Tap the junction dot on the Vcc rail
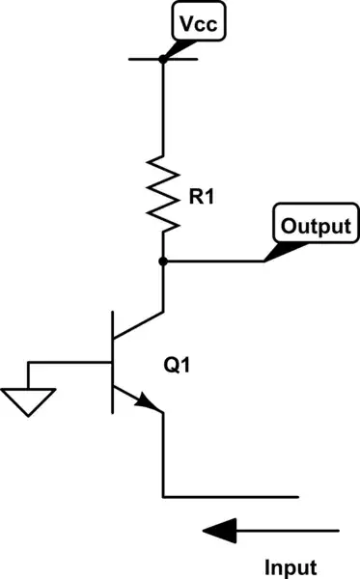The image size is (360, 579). coord(162,58)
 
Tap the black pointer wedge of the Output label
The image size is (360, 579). coord(279,251)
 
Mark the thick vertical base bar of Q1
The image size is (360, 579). coord(112,362)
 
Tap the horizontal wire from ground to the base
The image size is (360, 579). coord(68,362)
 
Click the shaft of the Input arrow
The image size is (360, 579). coord(290,530)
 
